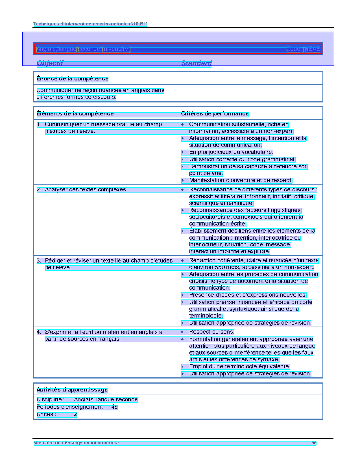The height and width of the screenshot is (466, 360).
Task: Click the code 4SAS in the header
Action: point(313,49)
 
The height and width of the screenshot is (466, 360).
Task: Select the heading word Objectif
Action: point(50,63)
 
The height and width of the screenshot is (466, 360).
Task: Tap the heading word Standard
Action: point(197,63)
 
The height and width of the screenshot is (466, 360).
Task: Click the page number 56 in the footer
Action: point(314,443)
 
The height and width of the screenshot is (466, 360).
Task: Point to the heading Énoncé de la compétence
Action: point(72,79)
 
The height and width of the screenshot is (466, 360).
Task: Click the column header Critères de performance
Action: point(215,114)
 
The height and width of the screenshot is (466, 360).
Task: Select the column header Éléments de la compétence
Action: point(75,114)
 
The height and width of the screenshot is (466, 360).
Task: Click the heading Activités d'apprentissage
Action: point(72,390)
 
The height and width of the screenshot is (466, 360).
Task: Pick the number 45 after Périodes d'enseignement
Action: point(114,407)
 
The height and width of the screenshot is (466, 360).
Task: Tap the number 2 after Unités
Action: point(75,414)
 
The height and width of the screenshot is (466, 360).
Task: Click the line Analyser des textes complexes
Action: point(86,190)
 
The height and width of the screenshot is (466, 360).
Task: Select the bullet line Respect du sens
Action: point(211,332)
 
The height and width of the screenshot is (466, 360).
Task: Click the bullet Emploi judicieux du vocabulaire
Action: point(231,152)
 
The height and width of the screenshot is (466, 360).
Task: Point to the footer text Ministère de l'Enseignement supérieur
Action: point(76,443)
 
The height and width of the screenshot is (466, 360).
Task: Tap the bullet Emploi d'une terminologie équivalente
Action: point(239,367)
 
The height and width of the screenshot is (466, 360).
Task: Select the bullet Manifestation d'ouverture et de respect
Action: point(241,180)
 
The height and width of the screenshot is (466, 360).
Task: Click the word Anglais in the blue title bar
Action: point(47,49)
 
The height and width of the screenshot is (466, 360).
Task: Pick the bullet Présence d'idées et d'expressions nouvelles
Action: point(248,295)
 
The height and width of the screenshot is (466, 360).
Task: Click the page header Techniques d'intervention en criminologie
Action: point(90,24)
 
